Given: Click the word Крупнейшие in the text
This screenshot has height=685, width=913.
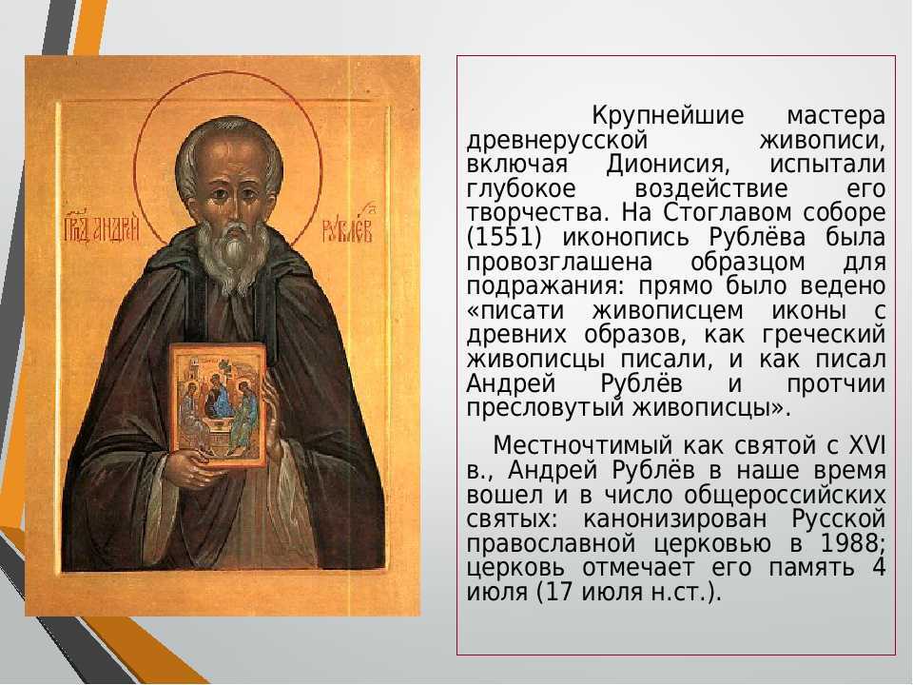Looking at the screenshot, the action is click(x=668, y=115).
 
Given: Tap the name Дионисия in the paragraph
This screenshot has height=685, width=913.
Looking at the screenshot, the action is click(x=668, y=165).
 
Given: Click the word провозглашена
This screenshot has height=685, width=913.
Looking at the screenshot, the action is click(x=559, y=263).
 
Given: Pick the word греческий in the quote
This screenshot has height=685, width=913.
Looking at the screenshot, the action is click(x=824, y=336).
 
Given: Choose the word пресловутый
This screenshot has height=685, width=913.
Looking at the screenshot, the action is click(x=546, y=408).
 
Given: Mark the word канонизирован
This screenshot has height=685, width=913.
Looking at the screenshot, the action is click(x=675, y=519).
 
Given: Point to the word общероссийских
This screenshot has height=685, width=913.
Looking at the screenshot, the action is click(x=785, y=495).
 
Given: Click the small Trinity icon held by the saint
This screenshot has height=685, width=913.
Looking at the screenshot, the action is click(x=219, y=405).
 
